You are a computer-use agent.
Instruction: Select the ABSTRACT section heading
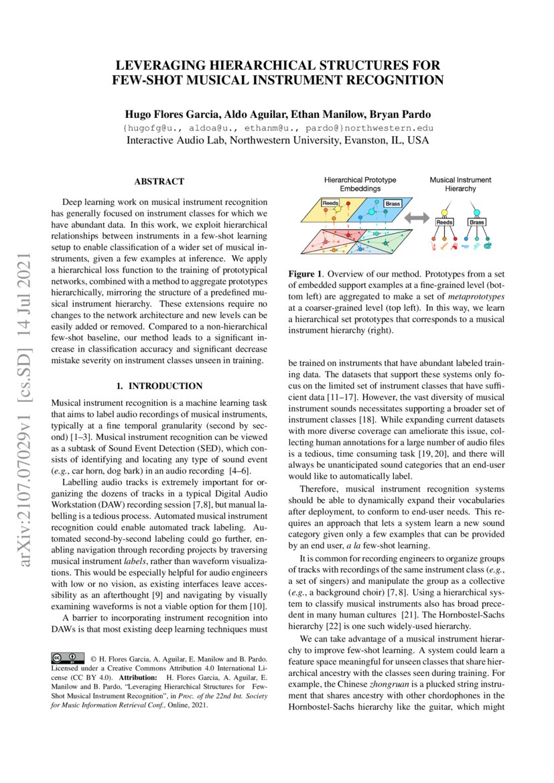159,182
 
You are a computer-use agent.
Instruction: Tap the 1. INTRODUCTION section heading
159,386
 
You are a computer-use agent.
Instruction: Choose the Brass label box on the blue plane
393,203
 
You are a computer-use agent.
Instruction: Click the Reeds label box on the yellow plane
330,202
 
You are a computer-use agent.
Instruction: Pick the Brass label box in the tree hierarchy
477,222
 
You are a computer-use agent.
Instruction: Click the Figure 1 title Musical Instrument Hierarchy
460,184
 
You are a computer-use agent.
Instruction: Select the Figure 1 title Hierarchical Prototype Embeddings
360,184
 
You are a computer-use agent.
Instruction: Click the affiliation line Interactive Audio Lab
277,141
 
